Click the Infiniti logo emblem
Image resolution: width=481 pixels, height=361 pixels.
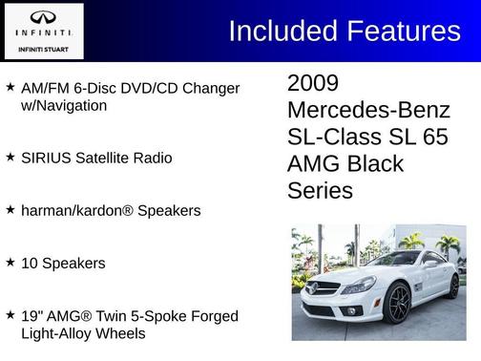tap(42, 18)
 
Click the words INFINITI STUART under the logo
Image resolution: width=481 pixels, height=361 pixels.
tap(42, 47)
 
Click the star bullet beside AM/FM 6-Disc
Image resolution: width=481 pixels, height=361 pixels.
tap(10, 87)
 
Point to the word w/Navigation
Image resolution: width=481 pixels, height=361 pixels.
tap(64, 105)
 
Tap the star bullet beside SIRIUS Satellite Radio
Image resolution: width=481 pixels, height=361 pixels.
tap(10, 157)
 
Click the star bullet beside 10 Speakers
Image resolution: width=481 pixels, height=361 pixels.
tap(10, 261)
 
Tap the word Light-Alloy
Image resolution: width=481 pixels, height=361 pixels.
tap(61, 333)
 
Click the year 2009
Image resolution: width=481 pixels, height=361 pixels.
tap(313, 83)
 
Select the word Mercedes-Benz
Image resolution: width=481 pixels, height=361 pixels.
tap(366, 110)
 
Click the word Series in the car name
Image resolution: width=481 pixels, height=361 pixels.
tap(320, 190)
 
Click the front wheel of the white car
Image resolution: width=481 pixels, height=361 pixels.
tap(398, 303)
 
